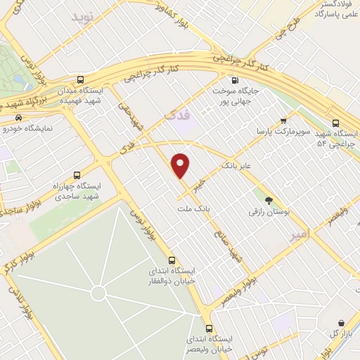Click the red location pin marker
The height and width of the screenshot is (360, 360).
click(181, 165)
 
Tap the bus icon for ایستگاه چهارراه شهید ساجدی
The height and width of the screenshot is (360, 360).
click(77, 174)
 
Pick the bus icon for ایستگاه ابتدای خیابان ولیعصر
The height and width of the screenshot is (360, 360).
click(209, 328)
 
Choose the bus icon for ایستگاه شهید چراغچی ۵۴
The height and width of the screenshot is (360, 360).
click(337, 121)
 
